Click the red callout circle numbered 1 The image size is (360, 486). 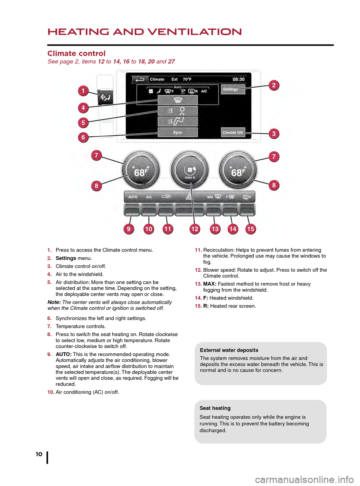(83, 91)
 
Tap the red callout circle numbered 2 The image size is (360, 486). (274, 85)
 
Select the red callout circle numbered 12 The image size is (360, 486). (195, 229)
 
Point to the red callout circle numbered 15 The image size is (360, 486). (250, 229)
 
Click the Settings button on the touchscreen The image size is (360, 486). (232, 89)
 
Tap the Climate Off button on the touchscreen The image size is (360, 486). (232, 132)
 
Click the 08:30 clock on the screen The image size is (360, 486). (238, 79)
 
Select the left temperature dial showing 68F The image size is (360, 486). (141, 170)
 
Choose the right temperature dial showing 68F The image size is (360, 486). (238, 170)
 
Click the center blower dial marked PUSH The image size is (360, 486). (190, 171)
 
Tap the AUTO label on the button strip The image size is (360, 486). (133, 197)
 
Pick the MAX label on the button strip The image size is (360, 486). (210, 197)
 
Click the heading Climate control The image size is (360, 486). (76, 54)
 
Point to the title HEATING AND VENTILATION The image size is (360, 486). (145, 32)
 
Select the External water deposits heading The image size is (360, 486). (229, 350)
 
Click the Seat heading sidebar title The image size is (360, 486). (215, 408)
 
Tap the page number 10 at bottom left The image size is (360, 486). (39, 454)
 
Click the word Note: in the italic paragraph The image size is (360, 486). (54, 302)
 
